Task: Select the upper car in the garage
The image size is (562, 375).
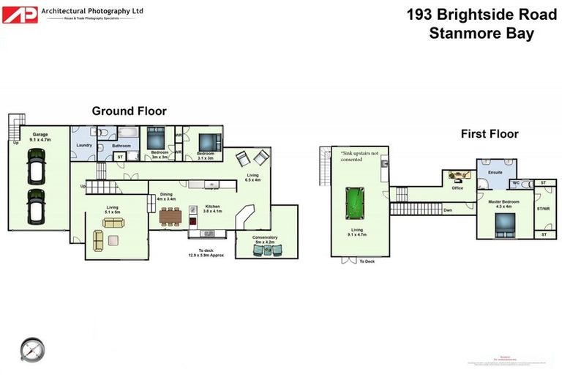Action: click(34, 167)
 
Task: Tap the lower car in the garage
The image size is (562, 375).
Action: click(34, 207)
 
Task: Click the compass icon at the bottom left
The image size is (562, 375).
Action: click(31, 349)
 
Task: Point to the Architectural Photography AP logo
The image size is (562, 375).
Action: click(20, 15)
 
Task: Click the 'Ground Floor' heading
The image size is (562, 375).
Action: click(129, 111)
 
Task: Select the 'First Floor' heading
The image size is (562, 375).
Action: click(489, 134)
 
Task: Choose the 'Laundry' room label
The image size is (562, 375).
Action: click(83, 145)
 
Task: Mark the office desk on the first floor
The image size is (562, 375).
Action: click(459, 177)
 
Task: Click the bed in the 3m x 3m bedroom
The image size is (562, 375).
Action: click(157, 138)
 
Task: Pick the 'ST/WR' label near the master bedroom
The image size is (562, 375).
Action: click(542, 208)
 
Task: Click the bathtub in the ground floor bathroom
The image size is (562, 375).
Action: click(129, 133)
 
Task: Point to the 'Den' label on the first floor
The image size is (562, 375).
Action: click(446, 210)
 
